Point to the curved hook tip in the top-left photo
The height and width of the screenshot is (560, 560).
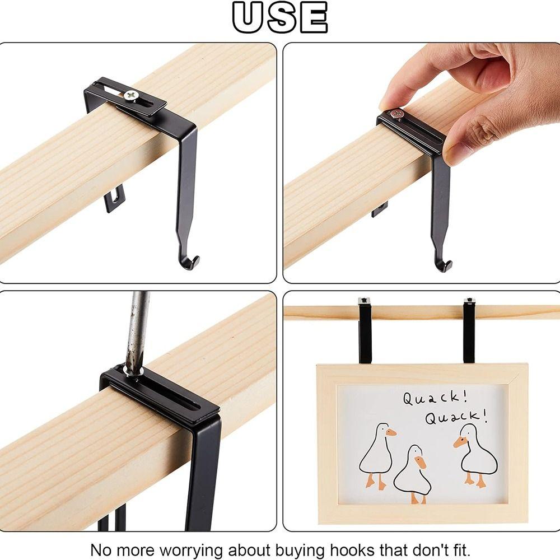[192, 262]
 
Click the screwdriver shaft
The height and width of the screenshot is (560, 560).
[136, 330]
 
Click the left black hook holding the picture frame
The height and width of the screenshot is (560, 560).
[365, 330]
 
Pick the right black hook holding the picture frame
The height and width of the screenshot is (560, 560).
[469, 330]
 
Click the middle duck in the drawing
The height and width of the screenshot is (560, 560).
[414, 473]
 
